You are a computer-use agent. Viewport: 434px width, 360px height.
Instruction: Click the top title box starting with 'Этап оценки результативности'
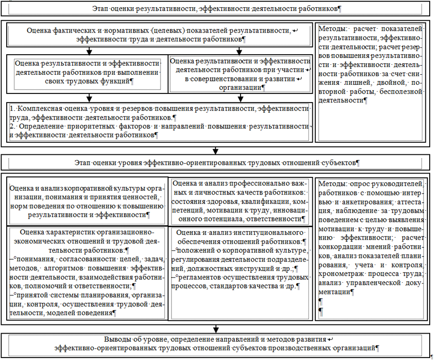coord(217,9)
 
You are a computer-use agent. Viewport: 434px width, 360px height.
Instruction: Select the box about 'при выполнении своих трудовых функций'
coord(87,72)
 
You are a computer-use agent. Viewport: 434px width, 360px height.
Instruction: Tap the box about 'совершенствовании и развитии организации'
coord(240,74)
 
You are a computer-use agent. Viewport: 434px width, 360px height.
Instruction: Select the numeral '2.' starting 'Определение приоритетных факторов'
coord(13,126)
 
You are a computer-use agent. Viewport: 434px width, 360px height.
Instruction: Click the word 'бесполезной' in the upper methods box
coord(402,91)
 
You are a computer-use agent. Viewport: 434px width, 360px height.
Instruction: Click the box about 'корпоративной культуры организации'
coord(87,201)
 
